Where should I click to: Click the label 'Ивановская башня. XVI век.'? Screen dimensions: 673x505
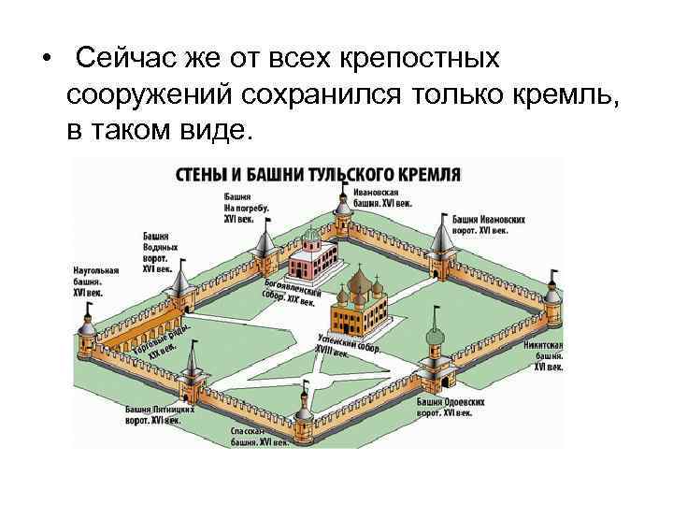[x=382, y=197]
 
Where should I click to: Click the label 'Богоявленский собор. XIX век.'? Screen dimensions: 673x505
[x=292, y=291]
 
